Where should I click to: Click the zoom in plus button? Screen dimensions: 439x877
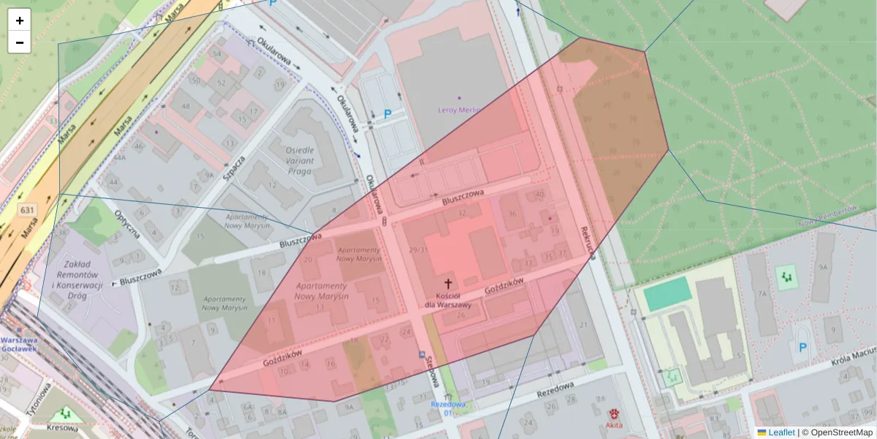20,20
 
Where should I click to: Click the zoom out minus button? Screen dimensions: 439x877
20,42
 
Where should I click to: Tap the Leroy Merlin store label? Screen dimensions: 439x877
459,110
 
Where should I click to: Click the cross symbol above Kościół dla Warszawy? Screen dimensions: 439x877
449,282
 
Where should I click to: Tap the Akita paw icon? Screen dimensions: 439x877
614,413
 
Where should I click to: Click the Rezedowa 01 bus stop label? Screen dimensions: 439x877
447,408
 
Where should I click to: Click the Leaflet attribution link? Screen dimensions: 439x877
781,432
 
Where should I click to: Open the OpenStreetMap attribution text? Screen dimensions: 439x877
841,432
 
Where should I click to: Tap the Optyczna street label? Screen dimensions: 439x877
127,224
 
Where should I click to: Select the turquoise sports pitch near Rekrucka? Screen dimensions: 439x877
667,293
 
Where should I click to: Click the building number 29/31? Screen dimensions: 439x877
419,250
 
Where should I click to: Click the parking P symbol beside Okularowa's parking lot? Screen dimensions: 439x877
388,114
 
